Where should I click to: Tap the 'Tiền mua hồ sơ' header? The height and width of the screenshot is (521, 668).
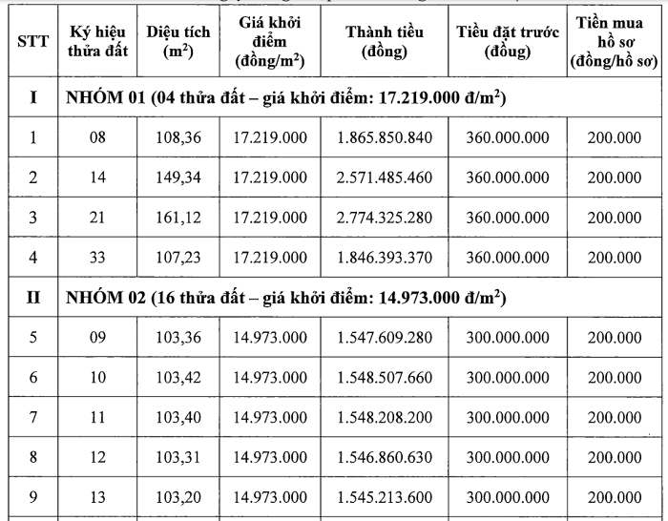pos(615,43)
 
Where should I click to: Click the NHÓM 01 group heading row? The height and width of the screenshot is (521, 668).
pos(286,98)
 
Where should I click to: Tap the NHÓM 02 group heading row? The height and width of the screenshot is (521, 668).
pos(286,297)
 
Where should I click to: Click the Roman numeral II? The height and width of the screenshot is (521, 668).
pos(32,297)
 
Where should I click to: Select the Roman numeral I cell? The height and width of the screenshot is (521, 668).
pos(33,98)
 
